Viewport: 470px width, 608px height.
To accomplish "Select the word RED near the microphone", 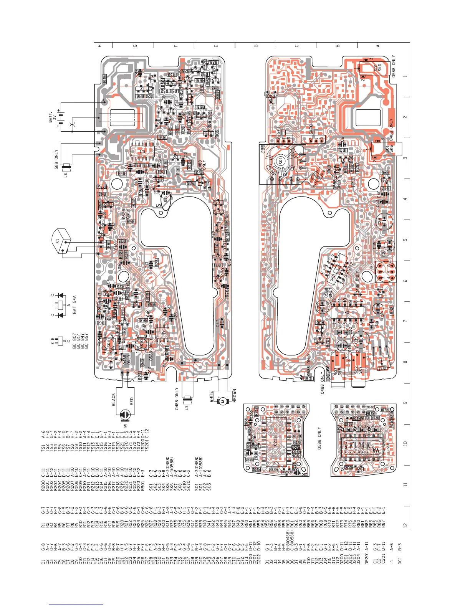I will tap(132, 401).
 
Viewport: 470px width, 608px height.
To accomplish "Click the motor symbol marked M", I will tap(222, 401).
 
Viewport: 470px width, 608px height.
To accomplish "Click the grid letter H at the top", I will tap(100, 46).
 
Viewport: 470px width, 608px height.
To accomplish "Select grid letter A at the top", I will tap(378, 46).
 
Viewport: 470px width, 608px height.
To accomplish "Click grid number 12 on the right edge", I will tap(405, 525).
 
